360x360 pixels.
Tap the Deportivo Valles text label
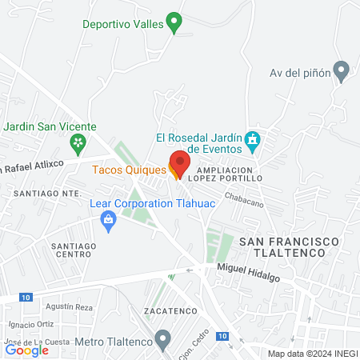tap(123, 23)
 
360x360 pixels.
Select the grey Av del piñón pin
tap(342, 72)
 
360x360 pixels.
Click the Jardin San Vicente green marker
tap(78, 145)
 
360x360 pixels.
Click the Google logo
tap(26, 350)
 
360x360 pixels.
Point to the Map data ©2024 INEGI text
tap(310, 354)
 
